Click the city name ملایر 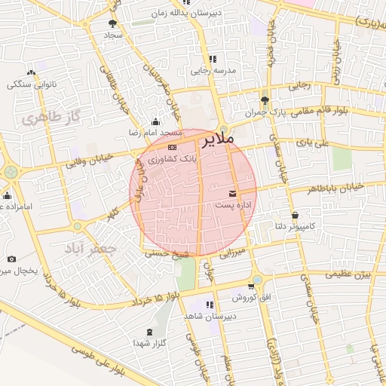pyautogui.click(x=219, y=139)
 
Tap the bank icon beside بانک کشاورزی pyautogui.click(x=173, y=146)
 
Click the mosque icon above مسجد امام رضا pyautogui.click(x=155, y=121)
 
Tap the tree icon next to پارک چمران pyautogui.click(x=264, y=100)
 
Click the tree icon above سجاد pyautogui.click(x=113, y=23)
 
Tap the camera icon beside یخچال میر pyautogui.click(x=11, y=259)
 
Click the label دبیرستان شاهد pyautogui.click(x=210, y=317)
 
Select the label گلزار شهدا pyautogui.click(x=149, y=343)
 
